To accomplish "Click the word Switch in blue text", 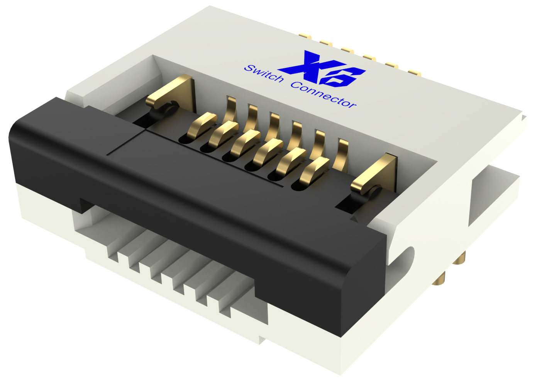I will coord(264,74).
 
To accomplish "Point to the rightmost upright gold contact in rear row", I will coord(342,155).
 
